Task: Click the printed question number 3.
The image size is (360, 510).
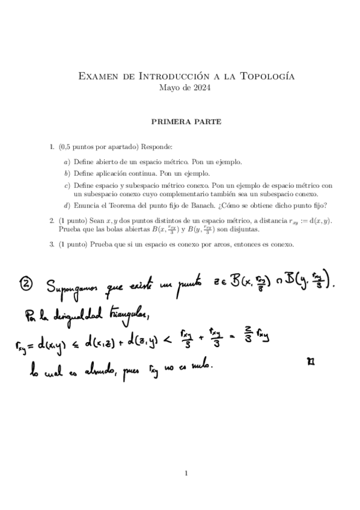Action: click(52, 245)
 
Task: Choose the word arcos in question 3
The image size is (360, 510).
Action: click(211, 245)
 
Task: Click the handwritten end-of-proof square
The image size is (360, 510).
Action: click(310, 361)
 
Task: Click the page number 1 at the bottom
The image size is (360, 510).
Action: click(186, 474)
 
